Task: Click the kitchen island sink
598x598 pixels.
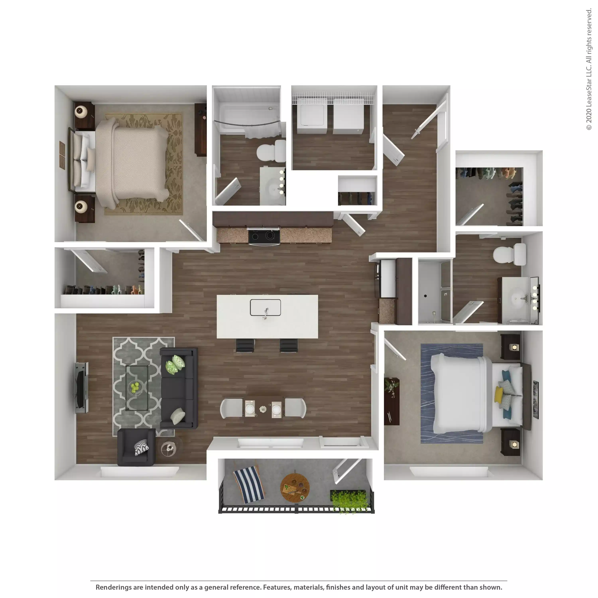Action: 265,307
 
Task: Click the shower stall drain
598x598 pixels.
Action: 425,296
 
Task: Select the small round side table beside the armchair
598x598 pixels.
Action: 168,448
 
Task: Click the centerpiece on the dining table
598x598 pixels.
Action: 263,409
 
